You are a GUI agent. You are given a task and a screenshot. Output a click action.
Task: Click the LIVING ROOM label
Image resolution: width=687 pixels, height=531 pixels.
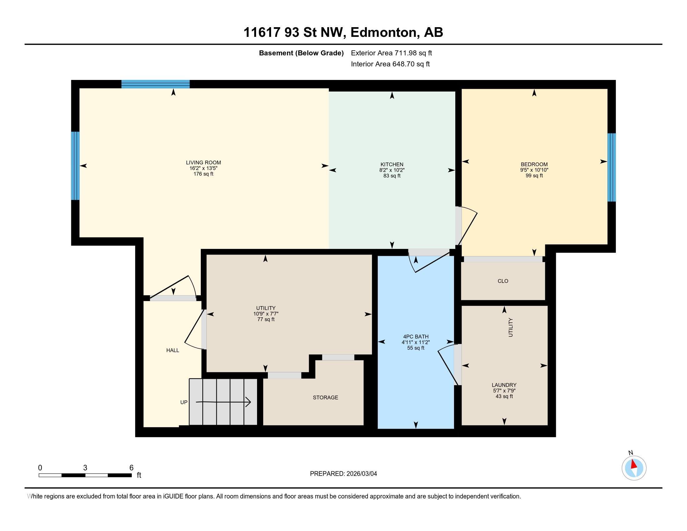203,162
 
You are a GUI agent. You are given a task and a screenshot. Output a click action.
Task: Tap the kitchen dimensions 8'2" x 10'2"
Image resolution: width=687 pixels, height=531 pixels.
392,170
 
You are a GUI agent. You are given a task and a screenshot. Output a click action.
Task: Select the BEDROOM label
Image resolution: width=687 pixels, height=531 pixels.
534,164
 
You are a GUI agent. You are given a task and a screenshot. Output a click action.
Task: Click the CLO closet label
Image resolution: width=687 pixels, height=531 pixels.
503,281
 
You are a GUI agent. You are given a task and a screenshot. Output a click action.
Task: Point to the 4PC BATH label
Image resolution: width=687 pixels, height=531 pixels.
415,337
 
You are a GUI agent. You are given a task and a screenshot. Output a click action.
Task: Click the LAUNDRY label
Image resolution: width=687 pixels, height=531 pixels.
504,385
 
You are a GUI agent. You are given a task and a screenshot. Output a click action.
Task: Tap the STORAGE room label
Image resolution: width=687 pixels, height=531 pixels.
325,397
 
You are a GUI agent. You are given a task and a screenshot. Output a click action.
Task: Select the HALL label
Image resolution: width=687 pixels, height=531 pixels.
172,350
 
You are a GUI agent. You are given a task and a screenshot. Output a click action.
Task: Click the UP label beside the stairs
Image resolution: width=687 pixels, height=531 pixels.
184,402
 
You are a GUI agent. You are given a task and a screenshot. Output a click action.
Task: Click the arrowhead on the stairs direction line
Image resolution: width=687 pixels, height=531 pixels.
248,402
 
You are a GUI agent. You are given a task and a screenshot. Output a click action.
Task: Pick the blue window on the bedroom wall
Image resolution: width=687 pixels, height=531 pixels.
611,167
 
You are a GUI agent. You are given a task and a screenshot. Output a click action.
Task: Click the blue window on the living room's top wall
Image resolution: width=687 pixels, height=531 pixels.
156,84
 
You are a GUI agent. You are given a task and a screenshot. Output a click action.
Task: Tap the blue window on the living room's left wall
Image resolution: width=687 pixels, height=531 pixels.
75,166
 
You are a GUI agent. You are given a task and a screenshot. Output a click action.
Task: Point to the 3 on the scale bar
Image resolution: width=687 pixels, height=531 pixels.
85,468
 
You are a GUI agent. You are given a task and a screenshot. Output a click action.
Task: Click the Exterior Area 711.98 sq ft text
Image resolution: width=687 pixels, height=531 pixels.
391,53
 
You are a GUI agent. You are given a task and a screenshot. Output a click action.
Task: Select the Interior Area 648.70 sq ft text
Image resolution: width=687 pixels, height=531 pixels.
390,64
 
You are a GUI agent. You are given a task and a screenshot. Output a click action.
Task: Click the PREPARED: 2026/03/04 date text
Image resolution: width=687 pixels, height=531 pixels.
343,474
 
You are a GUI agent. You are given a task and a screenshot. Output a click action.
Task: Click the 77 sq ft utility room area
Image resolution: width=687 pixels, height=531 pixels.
265,319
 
